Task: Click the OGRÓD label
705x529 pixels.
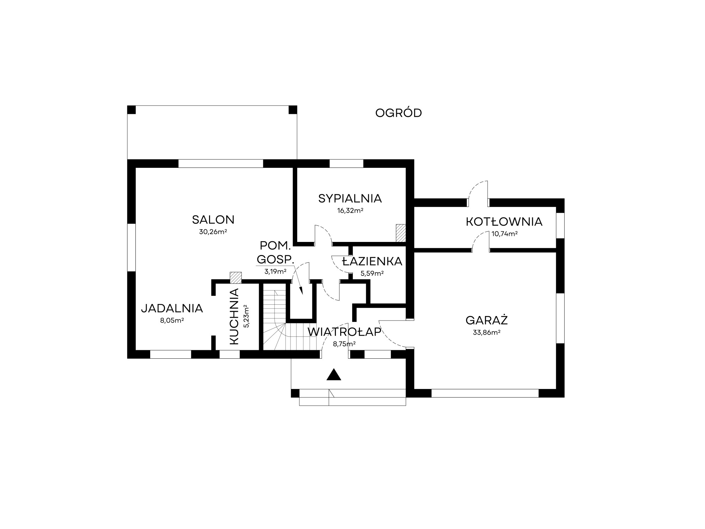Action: [398, 113]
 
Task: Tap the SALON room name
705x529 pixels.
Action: [213, 220]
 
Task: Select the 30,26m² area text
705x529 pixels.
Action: [213, 232]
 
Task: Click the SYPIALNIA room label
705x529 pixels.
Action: [350, 199]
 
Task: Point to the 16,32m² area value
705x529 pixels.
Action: [350, 211]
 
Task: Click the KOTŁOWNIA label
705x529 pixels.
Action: [504, 222]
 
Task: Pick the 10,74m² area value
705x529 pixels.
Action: [504, 233]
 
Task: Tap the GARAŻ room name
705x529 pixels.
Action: [486, 320]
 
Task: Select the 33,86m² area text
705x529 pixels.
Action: [487, 332]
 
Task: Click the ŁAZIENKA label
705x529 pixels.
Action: [372, 261]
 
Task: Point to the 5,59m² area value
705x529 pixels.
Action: [372, 273]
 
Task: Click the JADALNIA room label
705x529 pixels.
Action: [172, 309]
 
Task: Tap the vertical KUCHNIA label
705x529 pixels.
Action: [234, 316]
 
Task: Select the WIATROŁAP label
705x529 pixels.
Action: [344, 332]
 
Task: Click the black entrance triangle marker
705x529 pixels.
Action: [334, 375]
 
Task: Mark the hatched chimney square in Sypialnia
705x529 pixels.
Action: [401, 233]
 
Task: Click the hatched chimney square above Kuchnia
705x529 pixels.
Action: [235, 278]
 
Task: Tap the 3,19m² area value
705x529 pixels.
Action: [275, 272]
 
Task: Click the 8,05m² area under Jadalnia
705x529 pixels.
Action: [172, 321]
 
